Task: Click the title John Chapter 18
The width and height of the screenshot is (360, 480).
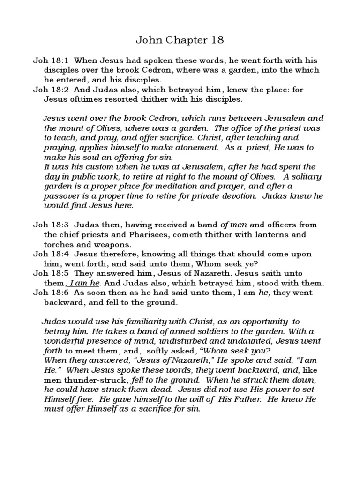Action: [180, 40]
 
